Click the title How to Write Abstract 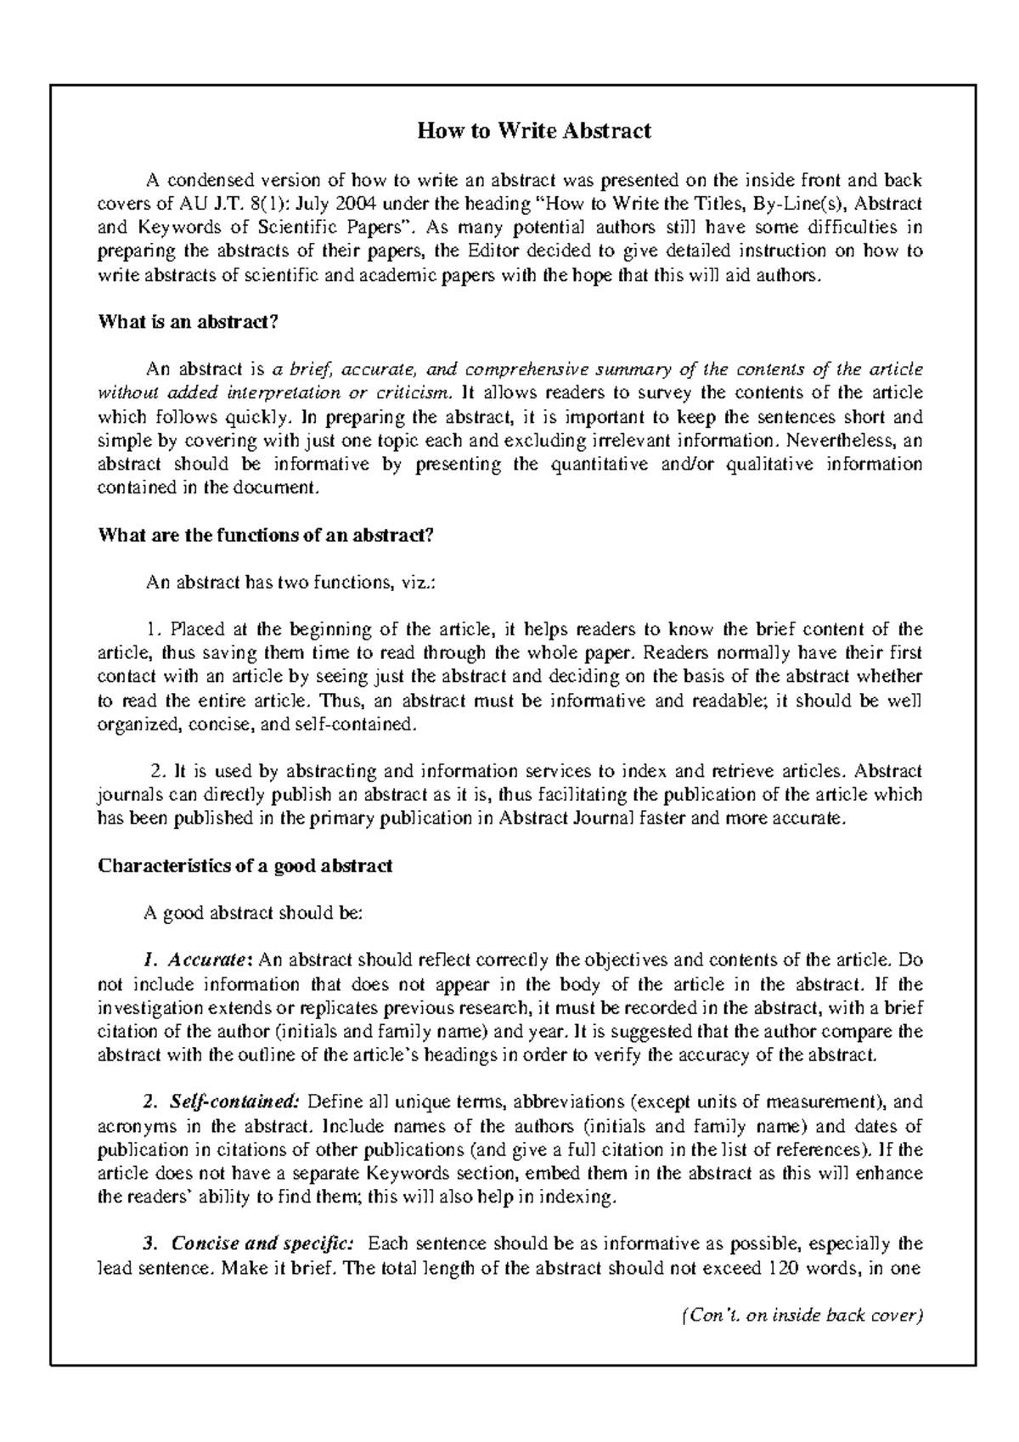pos(533,131)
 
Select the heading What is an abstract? pos(189,322)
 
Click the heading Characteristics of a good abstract pos(245,866)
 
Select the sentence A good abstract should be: pos(254,914)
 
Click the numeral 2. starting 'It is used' pos(158,772)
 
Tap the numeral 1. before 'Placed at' pos(154,630)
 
